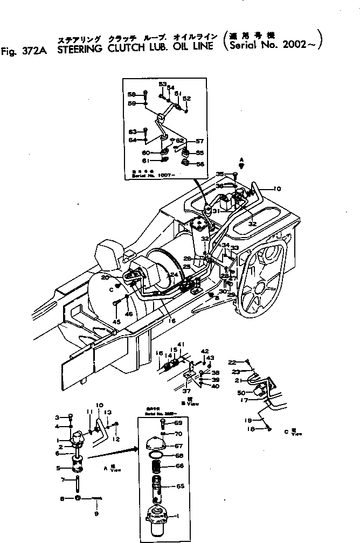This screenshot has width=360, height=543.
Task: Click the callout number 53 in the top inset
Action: tap(162, 84)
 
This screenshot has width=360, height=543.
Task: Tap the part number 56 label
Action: tap(200, 164)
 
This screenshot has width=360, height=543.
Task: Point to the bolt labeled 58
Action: tap(146, 94)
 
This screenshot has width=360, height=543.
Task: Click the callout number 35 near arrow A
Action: tap(219, 174)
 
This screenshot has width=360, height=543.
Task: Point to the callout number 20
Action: tap(120, 277)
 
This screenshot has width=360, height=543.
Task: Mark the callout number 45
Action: tap(116, 322)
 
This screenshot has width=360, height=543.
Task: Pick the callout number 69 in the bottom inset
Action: tap(179, 423)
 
